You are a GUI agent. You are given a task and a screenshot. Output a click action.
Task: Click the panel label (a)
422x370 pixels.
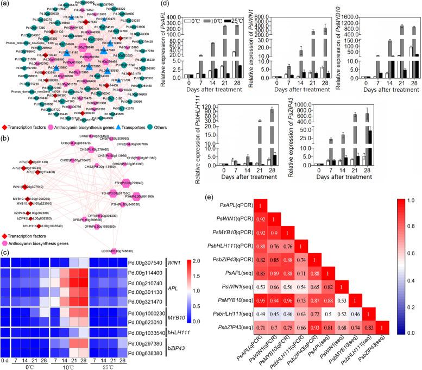pyautogui.click(x=5, y=4)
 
